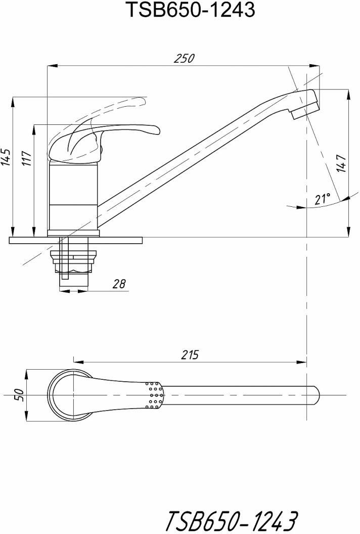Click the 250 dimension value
click(x=184, y=58)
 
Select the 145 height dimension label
click(x=6, y=158)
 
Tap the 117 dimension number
click(x=27, y=158)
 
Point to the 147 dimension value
click(x=341, y=163)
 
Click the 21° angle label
click(x=322, y=199)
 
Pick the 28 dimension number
click(x=119, y=283)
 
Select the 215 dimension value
click(x=190, y=355)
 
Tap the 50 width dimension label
click(x=19, y=395)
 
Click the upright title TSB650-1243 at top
click(x=191, y=10)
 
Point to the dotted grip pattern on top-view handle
click(x=155, y=395)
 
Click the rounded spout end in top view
click(x=316, y=395)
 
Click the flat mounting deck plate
click(x=76, y=240)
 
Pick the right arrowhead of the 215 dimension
click(x=301, y=362)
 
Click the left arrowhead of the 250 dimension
click(x=52, y=65)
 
